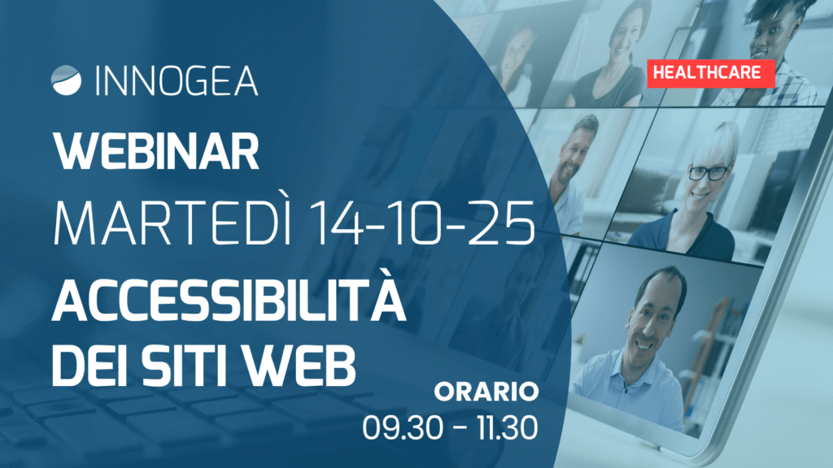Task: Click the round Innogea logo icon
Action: tap(67, 80)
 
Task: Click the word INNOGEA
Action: tap(177, 81)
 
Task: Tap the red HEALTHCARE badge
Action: tap(711, 72)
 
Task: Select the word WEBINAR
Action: tap(156, 151)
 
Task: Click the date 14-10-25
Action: tap(422, 223)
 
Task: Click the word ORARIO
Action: tap(486, 392)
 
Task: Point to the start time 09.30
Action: tap(403, 427)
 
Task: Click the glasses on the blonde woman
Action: tap(709, 172)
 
